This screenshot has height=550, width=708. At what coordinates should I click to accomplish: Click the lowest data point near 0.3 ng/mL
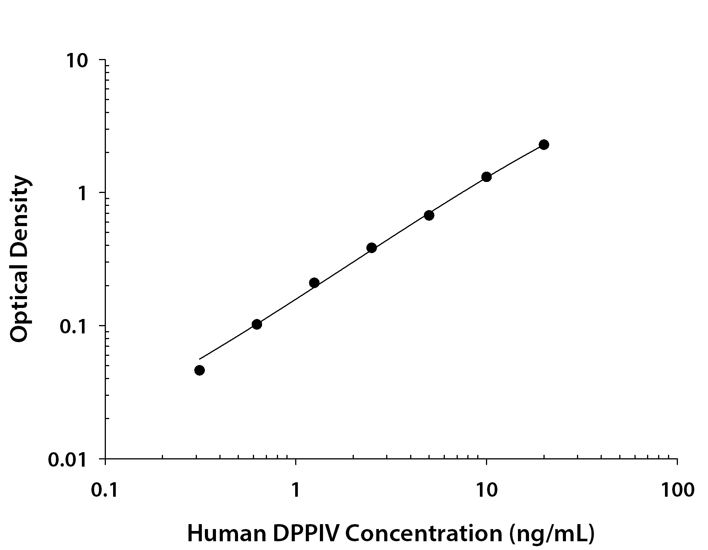point(199,370)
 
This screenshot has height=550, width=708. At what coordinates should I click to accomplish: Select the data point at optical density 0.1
point(257,324)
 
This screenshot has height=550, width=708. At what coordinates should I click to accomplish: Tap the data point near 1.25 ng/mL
point(314,282)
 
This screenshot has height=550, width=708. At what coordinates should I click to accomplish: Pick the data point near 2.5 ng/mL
point(372,248)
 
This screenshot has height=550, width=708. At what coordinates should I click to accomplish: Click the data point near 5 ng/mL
point(429,215)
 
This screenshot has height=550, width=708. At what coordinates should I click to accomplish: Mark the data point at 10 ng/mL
point(486,177)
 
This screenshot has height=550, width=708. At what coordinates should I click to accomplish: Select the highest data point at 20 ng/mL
point(544,144)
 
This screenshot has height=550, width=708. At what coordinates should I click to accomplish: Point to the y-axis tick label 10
point(78,61)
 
